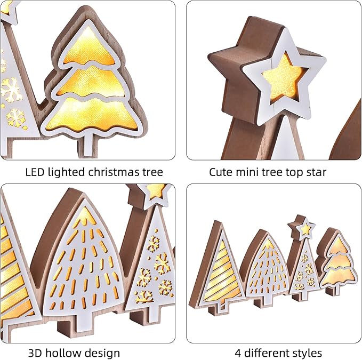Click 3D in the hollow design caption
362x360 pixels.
(35, 353)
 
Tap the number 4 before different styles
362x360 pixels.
(237, 353)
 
